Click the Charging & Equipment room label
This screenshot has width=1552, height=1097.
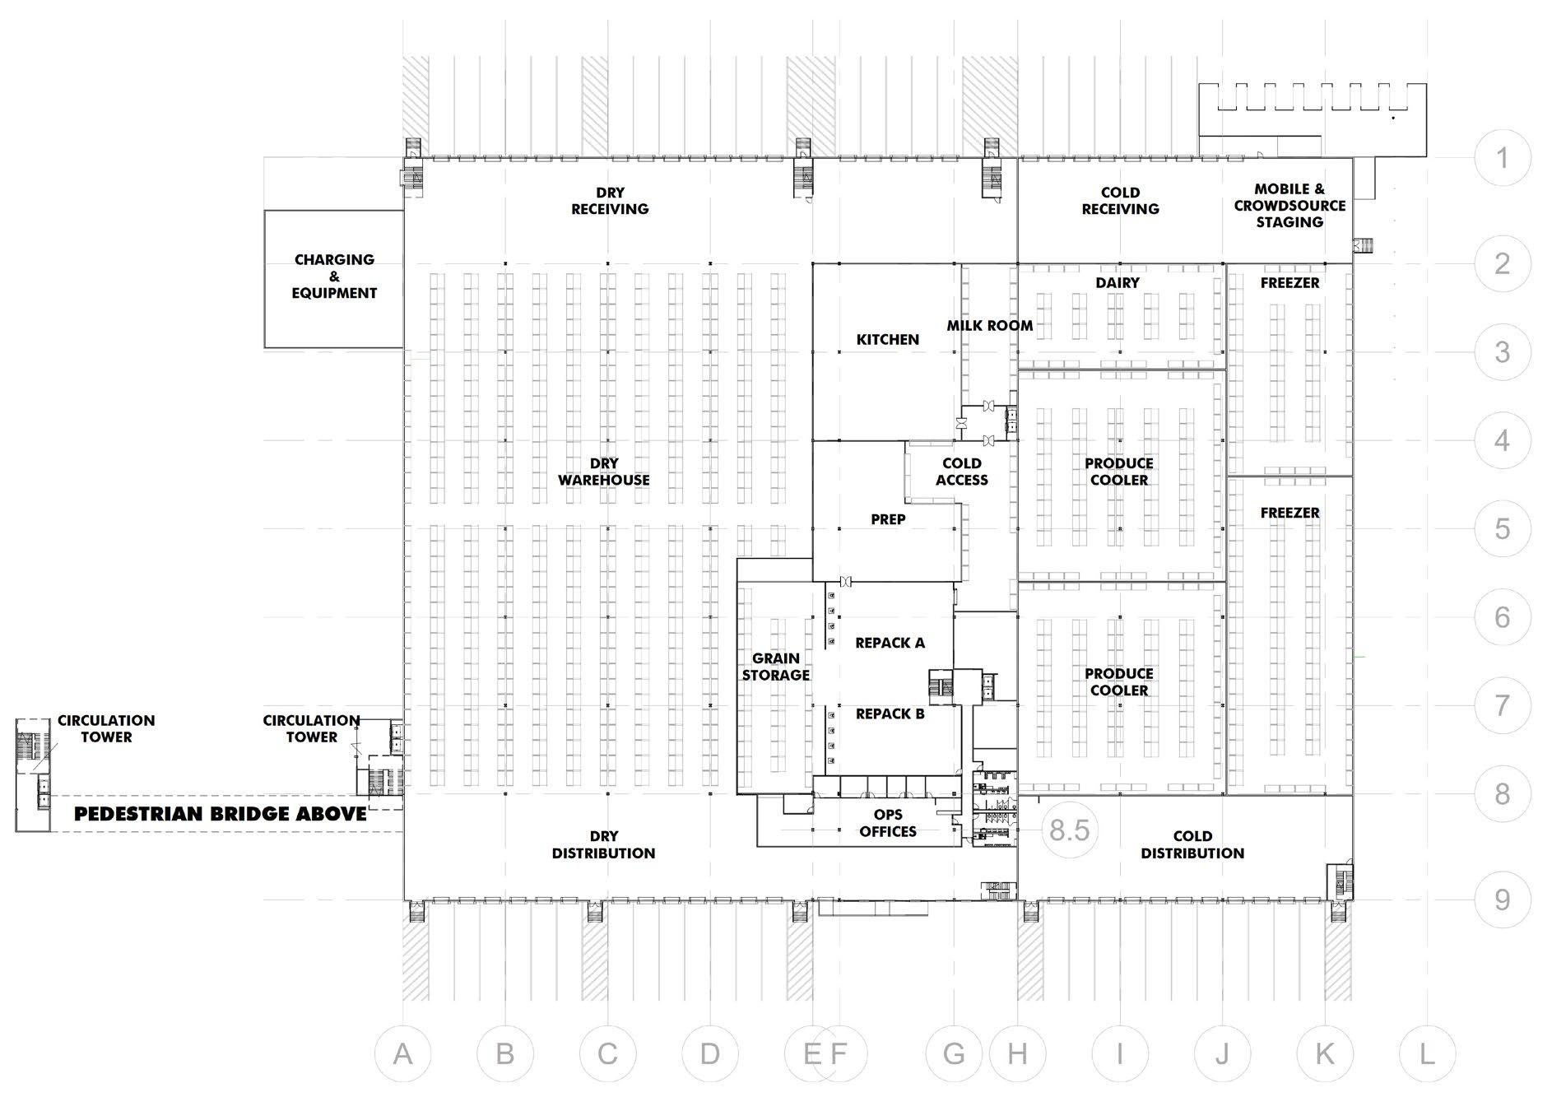[334, 277]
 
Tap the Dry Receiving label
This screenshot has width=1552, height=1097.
[610, 201]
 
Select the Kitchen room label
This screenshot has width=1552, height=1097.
[888, 339]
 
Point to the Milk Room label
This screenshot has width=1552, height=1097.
[989, 326]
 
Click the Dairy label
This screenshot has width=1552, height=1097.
[1118, 283]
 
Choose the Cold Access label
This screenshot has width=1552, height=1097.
[962, 472]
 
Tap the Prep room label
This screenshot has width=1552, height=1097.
[888, 519]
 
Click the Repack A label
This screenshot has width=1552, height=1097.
[890, 643]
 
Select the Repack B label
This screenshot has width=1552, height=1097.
[890, 714]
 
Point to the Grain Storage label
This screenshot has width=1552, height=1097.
[776, 667]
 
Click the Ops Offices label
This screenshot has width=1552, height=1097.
[888, 823]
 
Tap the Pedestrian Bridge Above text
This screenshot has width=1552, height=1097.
[221, 815]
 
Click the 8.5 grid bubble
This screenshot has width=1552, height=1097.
[1070, 830]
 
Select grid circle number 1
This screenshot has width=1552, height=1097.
[1502, 157]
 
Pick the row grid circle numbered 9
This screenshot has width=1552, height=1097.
[1502, 899]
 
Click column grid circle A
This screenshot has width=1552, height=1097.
[402, 1053]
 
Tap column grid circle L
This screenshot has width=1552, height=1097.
[1427, 1053]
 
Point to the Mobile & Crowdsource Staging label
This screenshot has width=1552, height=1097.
[1289, 206]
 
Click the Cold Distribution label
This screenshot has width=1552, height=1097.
[1192, 845]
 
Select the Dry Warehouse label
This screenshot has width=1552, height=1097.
[604, 472]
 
